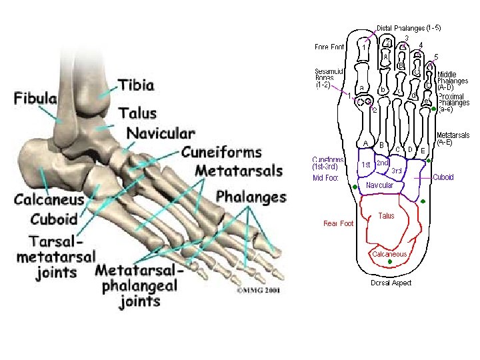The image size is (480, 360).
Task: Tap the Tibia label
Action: [x=136, y=85]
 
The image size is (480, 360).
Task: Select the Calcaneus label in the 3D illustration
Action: [x=49, y=199]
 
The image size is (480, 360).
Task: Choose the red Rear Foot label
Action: [x=338, y=223]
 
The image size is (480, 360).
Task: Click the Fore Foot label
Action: [x=329, y=47]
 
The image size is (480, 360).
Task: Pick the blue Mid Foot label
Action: [x=326, y=178]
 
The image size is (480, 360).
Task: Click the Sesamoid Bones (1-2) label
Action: [x=329, y=78]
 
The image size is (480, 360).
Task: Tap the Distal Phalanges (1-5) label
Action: [x=409, y=28]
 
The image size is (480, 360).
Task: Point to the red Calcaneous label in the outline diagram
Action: [x=389, y=254]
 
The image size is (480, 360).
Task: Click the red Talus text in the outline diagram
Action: [x=386, y=216]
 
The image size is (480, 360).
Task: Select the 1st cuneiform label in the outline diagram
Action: [x=365, y=164]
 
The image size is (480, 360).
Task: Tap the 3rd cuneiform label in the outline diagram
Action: [x=396, y=171]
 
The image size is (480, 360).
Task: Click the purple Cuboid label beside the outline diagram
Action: [x=443, y=177]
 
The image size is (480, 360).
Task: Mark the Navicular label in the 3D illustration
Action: [x=161, y=133]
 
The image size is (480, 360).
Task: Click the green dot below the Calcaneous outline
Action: [x=389, y=263]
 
